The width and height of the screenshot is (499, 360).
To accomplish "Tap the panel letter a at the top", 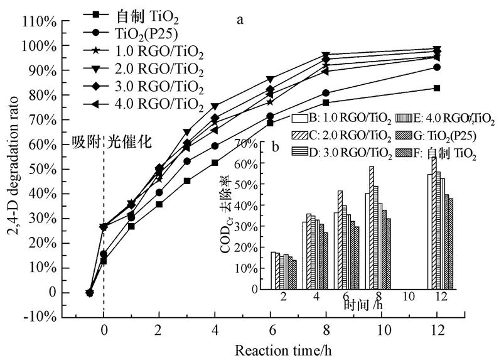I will pos(239,19).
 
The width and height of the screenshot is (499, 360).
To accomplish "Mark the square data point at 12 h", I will pos(437,88).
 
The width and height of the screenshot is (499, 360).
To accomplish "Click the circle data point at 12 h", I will pos(437,67).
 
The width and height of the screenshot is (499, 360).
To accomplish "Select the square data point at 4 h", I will pos(215,162).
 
